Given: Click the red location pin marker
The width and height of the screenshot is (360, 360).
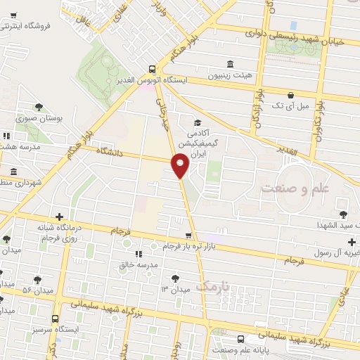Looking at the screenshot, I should click(x=181, y=166).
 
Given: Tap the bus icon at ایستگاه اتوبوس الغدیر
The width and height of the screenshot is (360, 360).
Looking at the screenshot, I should click(x=153, y=69).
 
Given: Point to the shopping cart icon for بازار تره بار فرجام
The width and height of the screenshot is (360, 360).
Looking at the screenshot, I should click(x=188, y=236).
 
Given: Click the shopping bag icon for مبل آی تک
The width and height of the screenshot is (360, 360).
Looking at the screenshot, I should click(x=290, y=95).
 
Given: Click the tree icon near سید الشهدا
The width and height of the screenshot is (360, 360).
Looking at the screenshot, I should click(x=343, y=214).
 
